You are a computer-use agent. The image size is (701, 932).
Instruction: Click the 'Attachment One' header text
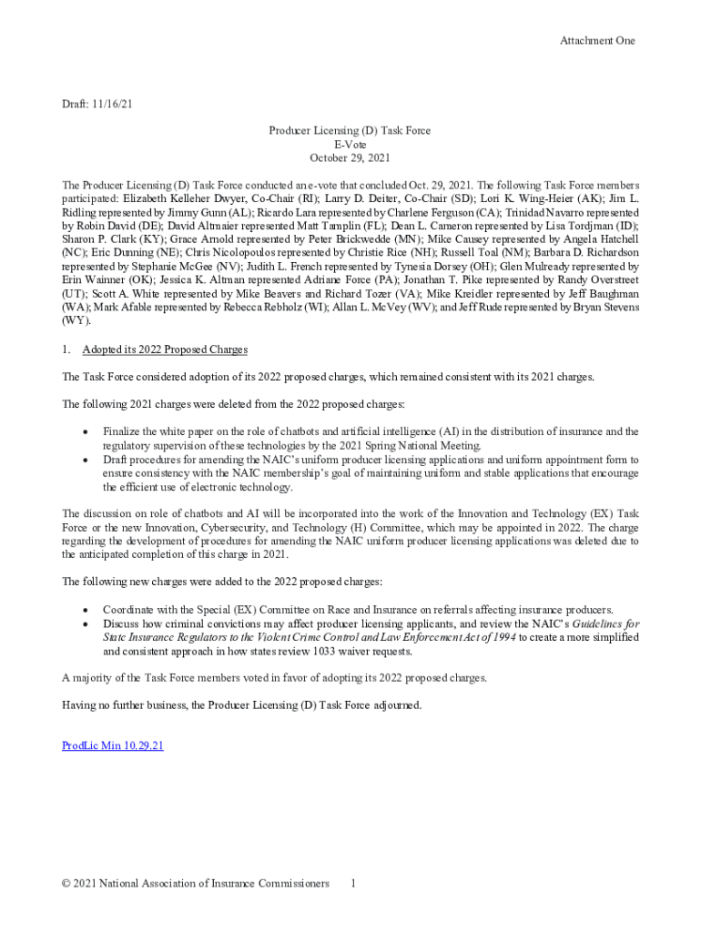[x=597, y=40]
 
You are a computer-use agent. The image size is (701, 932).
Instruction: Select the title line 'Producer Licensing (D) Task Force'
[x=350, y=131]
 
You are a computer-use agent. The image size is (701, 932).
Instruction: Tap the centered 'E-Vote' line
[x=350, y=145]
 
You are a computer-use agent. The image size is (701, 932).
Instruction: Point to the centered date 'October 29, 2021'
[x=350, y=158]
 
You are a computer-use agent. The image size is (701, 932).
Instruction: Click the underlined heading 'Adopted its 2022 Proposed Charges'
[x=165, y=350]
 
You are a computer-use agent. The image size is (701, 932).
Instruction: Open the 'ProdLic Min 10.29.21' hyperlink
[x=113, y=745]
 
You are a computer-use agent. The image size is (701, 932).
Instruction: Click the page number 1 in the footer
[x=353, y=884]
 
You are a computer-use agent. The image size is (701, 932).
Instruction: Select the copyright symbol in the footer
[x=66, y=884]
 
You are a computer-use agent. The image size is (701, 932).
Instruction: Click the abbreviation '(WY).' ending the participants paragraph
[x=76, y=321]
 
